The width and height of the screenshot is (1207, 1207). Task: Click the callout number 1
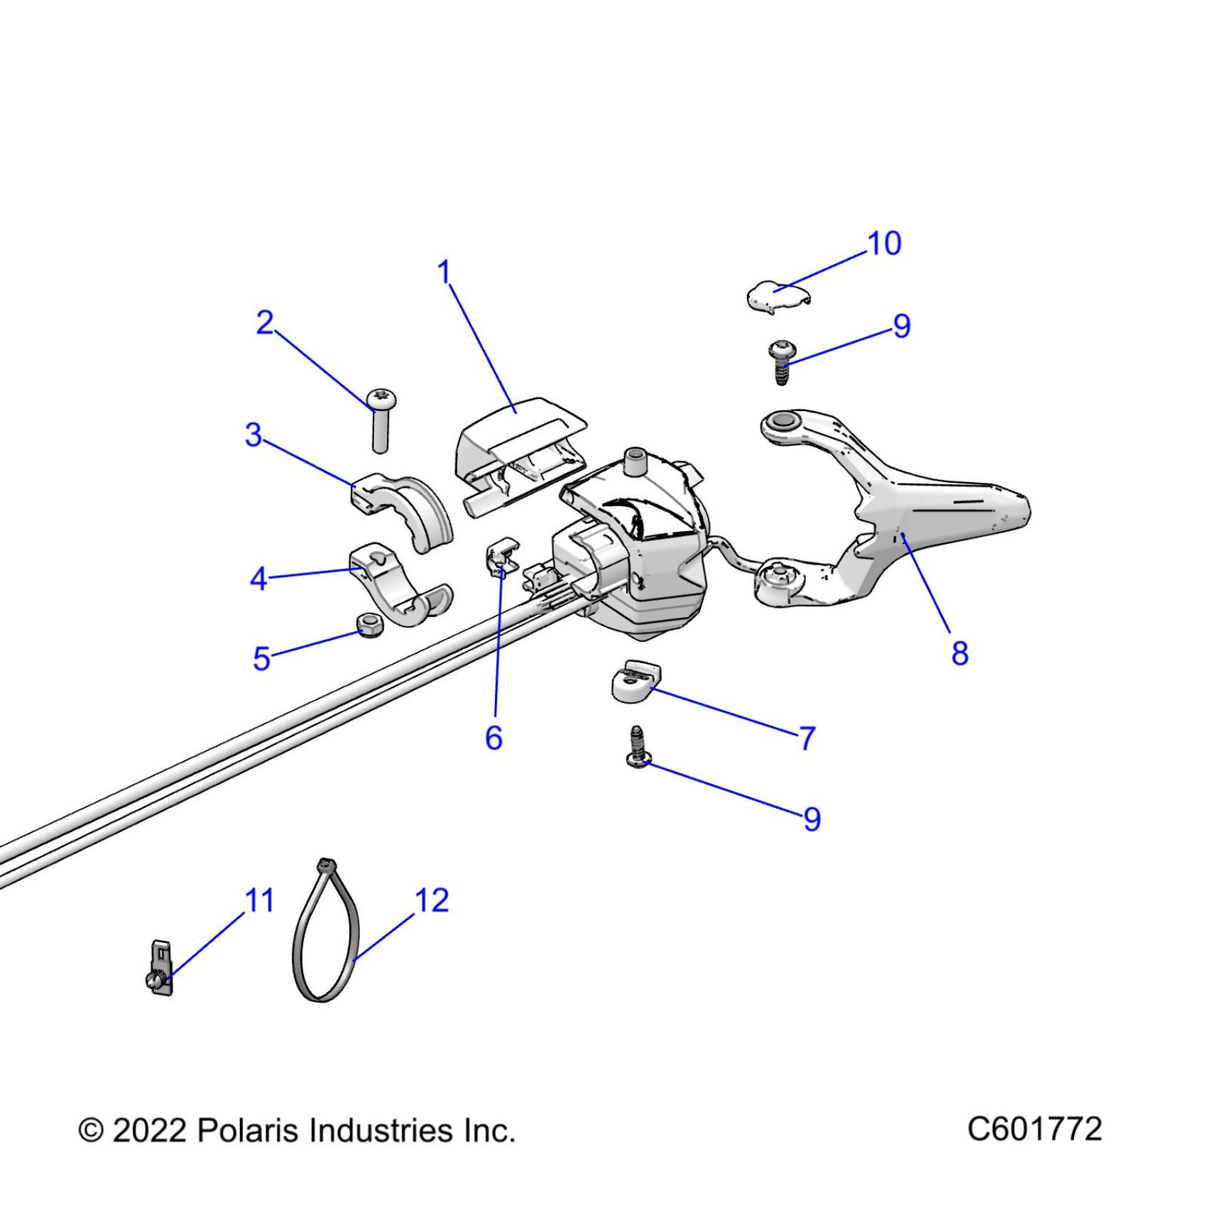(x=444, y=273)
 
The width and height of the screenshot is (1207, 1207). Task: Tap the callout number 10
(x=884, y=244)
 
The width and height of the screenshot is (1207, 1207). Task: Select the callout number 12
(x=432, y=901)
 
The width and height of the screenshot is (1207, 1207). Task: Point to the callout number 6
(x=493, y=738)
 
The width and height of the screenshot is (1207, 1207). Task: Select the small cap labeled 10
(x=777, y=295)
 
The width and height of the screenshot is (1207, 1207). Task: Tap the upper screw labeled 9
(x=782, y=362)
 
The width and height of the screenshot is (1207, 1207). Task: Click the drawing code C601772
(x=1034, y=1129)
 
